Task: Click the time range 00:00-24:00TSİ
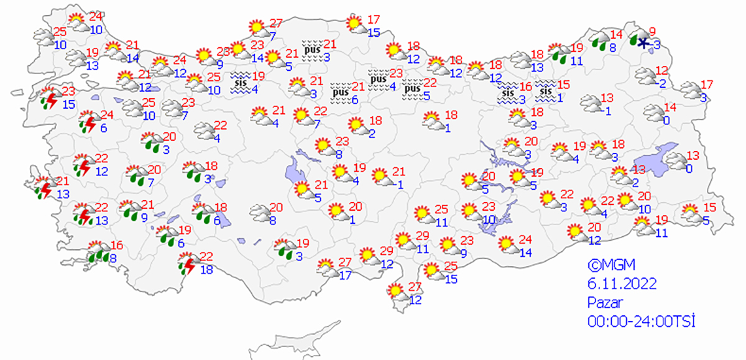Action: click(641, 321)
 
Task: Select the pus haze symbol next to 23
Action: click(378, 82)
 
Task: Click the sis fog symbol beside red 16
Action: click(509, 95)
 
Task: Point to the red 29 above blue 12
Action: click(387, 251)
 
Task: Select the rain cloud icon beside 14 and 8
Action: click(599, 42)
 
